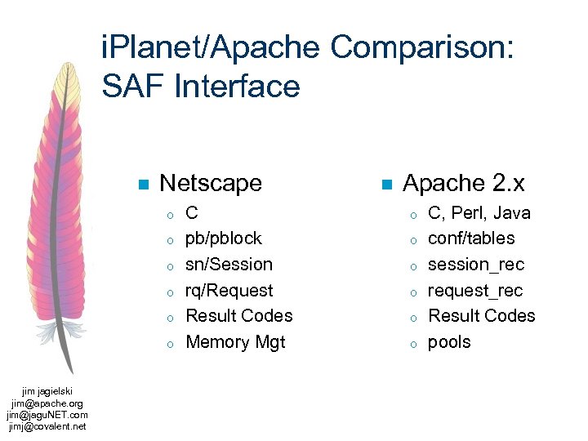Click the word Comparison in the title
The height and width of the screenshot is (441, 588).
pos(421,48)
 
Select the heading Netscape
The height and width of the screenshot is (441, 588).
pos(211,183)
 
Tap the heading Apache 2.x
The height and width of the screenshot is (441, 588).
pos(463,183)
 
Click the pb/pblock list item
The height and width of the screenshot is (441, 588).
pos(224,238)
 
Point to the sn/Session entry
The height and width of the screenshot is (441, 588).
pos(229,265)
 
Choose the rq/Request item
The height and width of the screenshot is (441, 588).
pos(229,291)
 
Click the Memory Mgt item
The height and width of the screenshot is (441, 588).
pos(235,342)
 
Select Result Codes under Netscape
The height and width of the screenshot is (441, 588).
pos(239,316)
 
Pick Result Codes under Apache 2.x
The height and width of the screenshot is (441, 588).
pos(482,316)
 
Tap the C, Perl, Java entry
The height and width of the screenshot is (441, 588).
pos(479,213)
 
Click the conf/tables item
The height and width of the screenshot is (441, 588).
pos(471,238)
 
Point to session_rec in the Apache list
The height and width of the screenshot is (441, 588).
pos(476,265)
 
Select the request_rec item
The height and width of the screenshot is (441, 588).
pos(475,291)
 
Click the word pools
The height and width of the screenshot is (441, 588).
pos(449,342)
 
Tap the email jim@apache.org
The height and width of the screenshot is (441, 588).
pos(47,403)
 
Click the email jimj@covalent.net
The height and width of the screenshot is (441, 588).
pos(47,425)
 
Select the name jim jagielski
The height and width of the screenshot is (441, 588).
pos(47,392)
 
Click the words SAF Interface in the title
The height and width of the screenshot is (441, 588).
pos(201,86)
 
